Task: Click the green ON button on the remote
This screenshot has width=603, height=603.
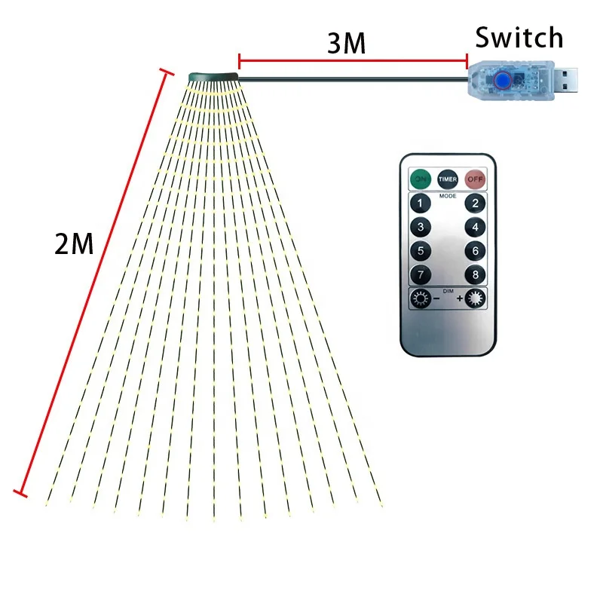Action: [420, 179]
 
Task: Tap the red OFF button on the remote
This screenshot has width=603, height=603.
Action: [474, 179]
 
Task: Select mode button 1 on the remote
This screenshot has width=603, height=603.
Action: [420, 203]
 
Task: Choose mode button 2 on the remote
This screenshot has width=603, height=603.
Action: [474, 203]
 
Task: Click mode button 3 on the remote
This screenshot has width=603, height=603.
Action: [420, 227]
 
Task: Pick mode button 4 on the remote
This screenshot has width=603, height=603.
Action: [474, 227]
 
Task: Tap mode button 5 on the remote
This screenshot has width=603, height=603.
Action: [420, 251]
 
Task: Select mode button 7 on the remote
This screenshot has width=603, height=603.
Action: [420, 275]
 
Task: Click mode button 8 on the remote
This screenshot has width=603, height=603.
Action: [474, 275]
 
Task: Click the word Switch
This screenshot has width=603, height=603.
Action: [519, 37]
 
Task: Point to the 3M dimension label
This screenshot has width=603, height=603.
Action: [346, 44]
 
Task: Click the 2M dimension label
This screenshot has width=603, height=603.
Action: [74, 243]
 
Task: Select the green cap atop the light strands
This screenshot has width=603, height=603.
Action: [213, 76]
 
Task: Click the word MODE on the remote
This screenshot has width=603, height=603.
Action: [447, 195]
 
